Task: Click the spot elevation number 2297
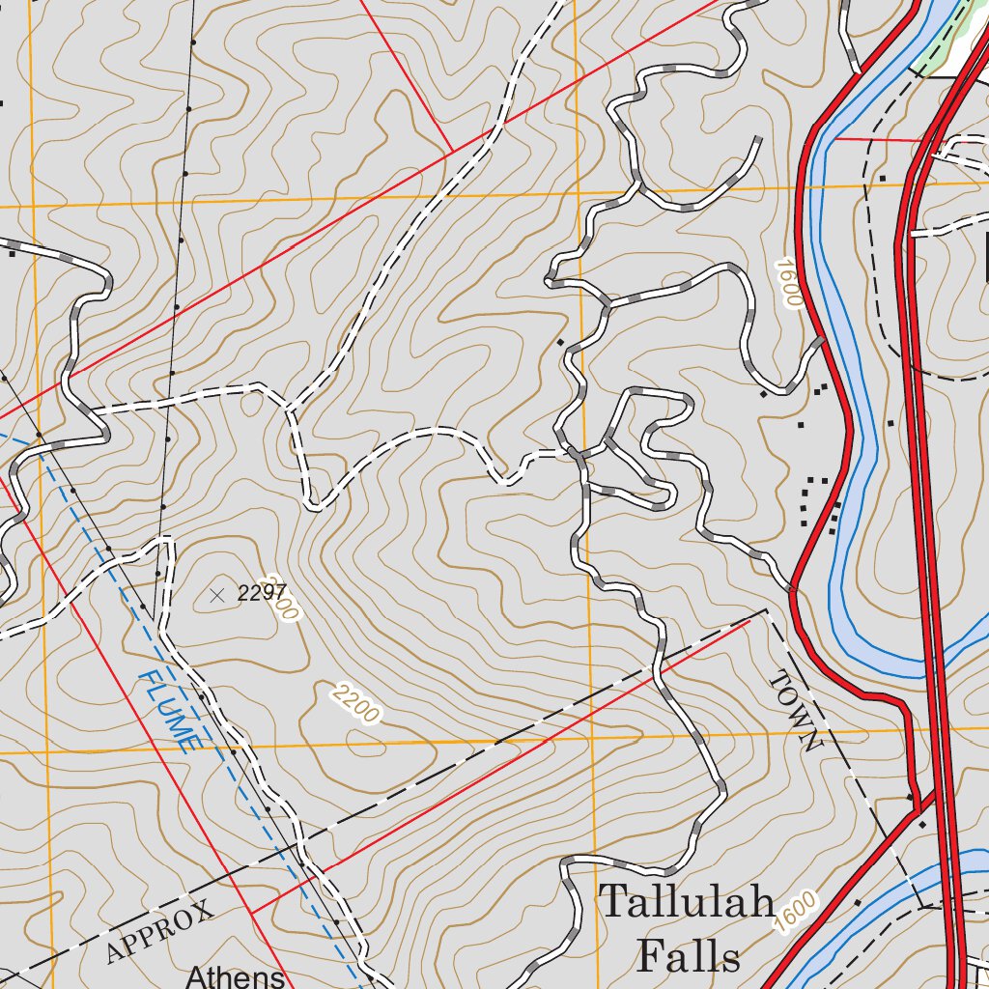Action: coord(263,594)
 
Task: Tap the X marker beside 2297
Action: coord(217,595)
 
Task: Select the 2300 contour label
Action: coord(287,606)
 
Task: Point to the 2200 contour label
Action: coord(355,703)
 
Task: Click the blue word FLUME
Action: coord(169,713)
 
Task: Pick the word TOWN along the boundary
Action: coord(795,712)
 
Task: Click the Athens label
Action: coord(236,977)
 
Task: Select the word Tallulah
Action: coord(687,902)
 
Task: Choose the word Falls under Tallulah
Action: coord(689,956)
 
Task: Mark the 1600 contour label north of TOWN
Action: coord(788,282)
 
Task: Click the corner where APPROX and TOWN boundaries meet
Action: coord(765,610)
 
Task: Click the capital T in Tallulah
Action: coord(614,902)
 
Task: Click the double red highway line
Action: coord(922,483)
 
